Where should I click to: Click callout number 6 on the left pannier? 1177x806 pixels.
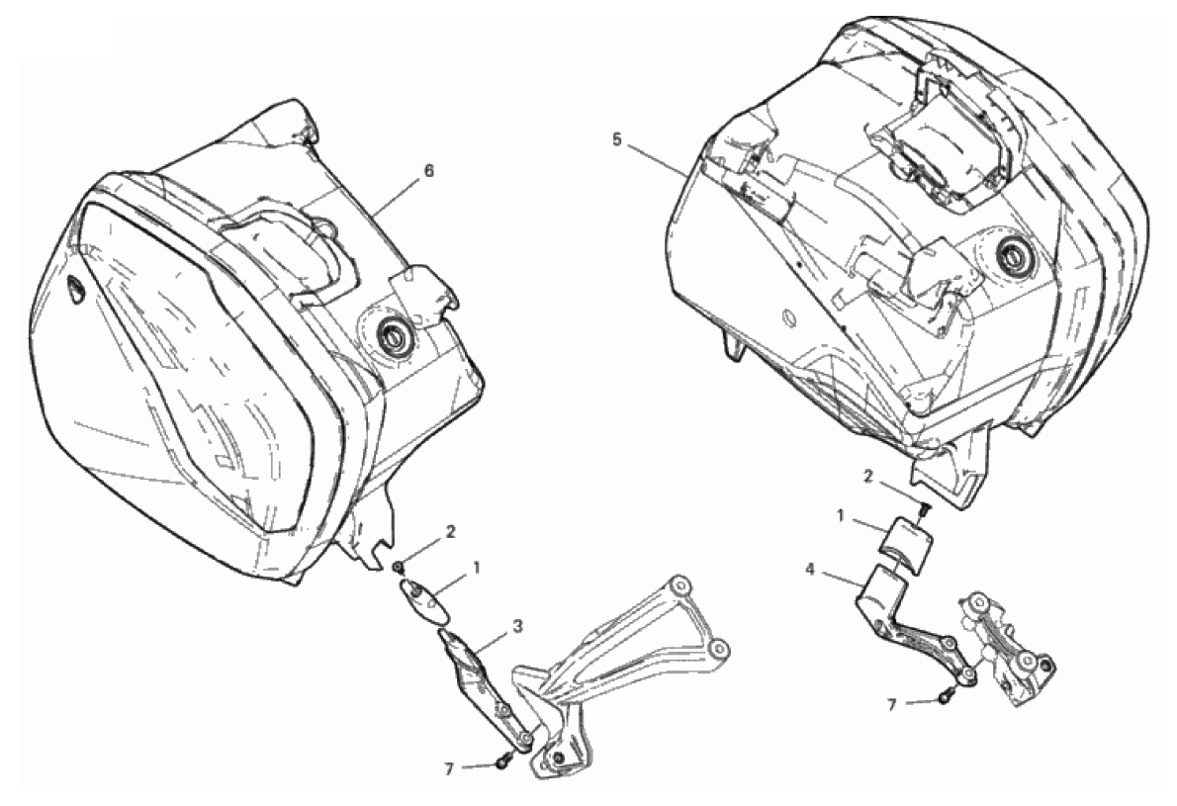click(428, 171)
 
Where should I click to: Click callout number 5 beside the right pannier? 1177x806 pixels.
click(617, 140)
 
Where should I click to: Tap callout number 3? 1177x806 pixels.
click(518, 626)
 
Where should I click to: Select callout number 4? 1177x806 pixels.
click(810, 570)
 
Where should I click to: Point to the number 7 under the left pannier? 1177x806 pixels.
click(449, 769)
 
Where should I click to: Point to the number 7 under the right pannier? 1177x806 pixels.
click(892, 705)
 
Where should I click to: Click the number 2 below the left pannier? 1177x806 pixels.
click(450, 532)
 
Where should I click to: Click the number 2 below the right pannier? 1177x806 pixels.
click(867, 477)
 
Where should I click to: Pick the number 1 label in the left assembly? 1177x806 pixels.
click(476, 568)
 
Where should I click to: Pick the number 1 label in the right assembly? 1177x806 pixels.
click(840, 516)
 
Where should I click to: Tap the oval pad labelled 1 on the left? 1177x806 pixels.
click(425, 600)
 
